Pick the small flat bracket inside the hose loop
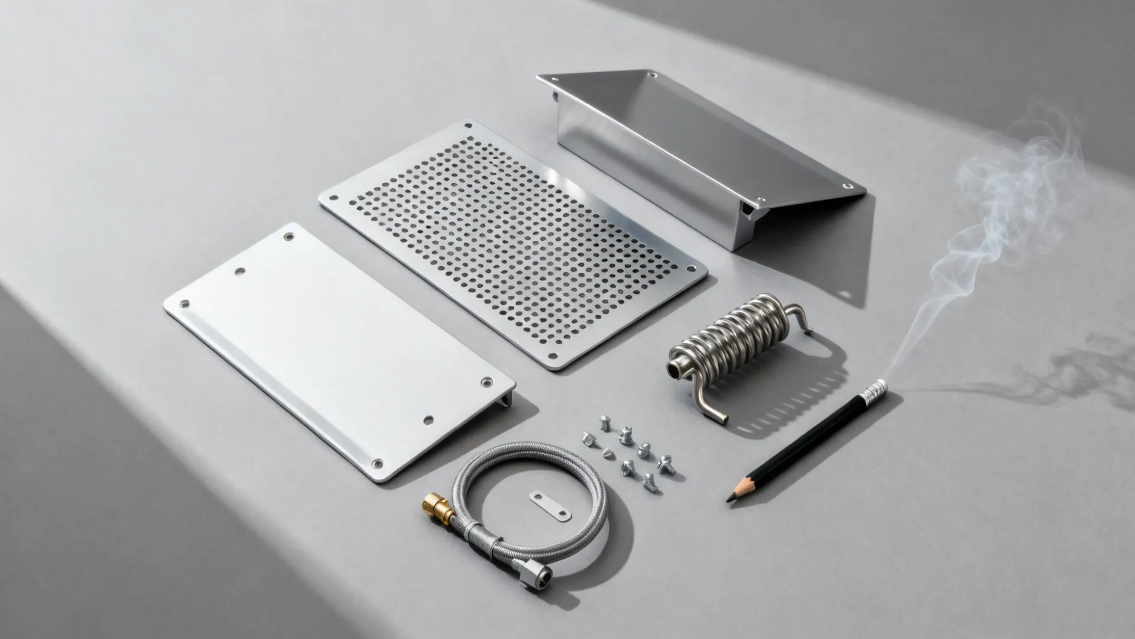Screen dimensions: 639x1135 [550, 506]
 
